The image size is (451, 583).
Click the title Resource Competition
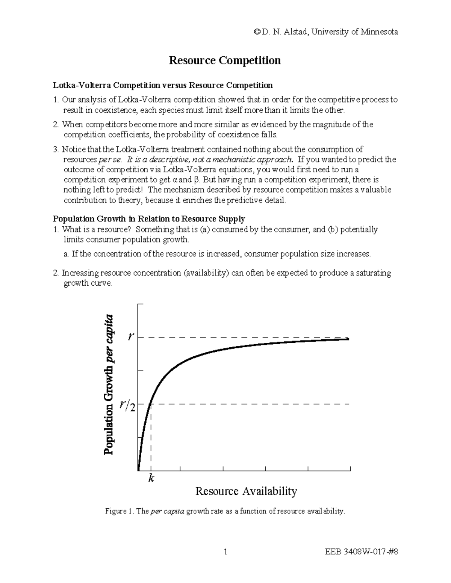click(x=225, y=60)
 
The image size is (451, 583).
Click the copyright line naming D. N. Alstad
click(x=325, y=32)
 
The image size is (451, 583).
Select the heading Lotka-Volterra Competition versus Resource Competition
click(x=163, y=85)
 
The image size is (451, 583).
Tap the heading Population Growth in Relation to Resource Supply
click(x=149, y=219)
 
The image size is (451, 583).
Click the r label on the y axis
click(x=130, y=336)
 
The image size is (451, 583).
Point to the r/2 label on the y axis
click(x=127, y=405)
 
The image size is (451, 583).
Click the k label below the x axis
click(x=151, y=478)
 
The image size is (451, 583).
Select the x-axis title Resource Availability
click(x=246, y=491)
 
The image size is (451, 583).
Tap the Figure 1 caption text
click(x=225, y=511)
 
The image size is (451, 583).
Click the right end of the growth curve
click(x=348, y=339)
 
